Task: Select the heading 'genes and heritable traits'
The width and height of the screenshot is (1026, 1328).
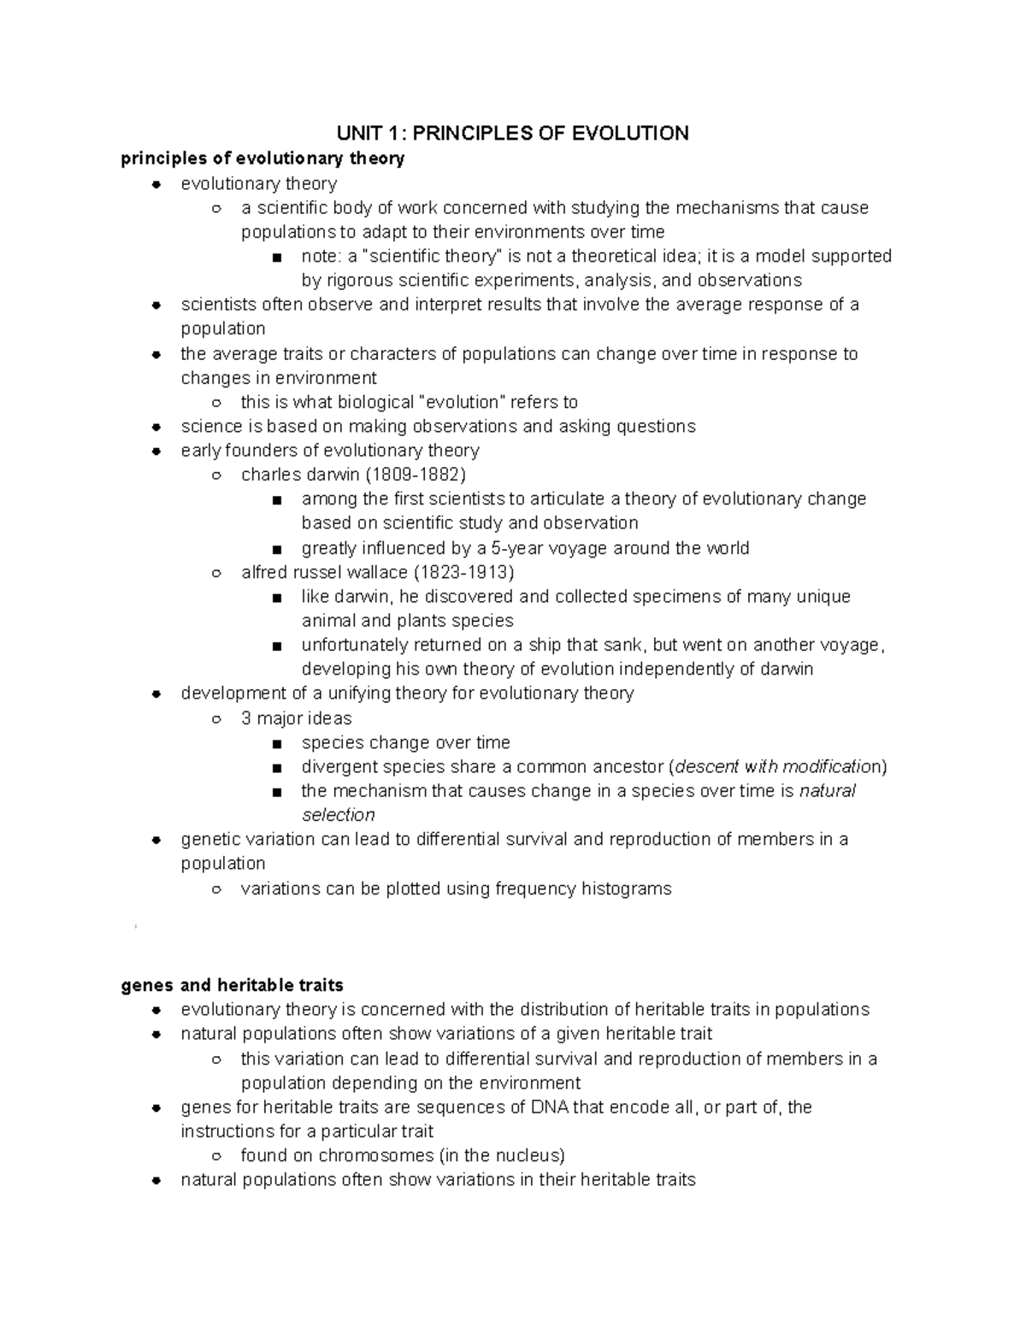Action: pyautogui.click(x=233, y=985)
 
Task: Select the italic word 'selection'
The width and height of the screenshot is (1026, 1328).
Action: pyautogui.click(x=338, y=815)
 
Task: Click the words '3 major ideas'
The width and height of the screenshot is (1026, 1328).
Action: pyautogui.click(x=296, y=718)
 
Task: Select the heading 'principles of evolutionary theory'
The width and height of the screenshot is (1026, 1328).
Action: pyautogui.click(x=262, y=158)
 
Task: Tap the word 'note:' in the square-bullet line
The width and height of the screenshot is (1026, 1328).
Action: pyautogui.click(x=321, y=257)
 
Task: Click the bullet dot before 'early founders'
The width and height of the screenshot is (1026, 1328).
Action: pyautogui.click(x=156, y=452)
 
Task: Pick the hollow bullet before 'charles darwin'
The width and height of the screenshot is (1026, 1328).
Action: pyautogui.click(x=217, y=475)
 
